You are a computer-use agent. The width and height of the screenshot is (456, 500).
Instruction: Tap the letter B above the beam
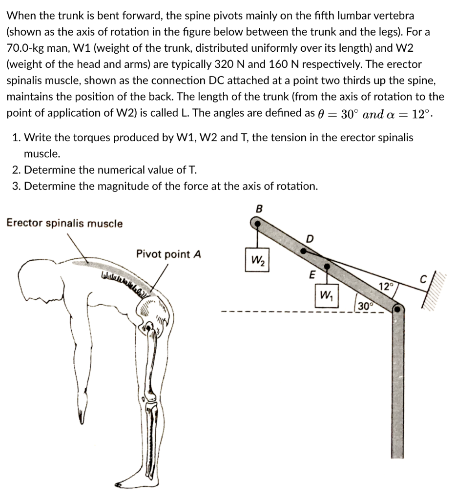[259, 208]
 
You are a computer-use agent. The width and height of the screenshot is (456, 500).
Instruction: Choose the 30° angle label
[364, 306]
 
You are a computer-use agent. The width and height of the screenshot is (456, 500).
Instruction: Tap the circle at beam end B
[255, 223]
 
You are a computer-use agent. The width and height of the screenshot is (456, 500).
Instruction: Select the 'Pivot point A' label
[168, 254]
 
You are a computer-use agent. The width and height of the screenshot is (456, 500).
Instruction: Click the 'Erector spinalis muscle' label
[64, 224]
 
